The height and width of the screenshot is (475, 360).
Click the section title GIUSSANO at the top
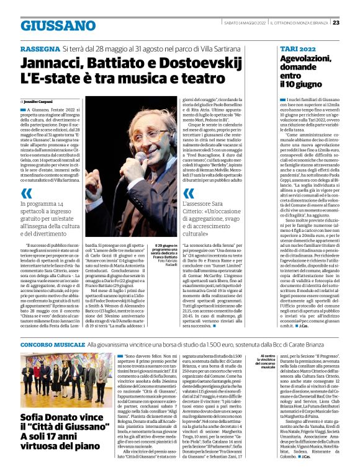(49, 25)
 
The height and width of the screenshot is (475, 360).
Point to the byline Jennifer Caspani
(39, 100)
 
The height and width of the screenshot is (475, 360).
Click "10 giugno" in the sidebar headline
(302, 84)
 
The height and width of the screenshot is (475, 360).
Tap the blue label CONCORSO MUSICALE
(52, 343)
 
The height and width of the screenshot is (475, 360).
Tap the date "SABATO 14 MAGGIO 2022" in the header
(245, 23)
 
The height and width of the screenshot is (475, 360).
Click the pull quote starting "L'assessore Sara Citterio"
(204, 211)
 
